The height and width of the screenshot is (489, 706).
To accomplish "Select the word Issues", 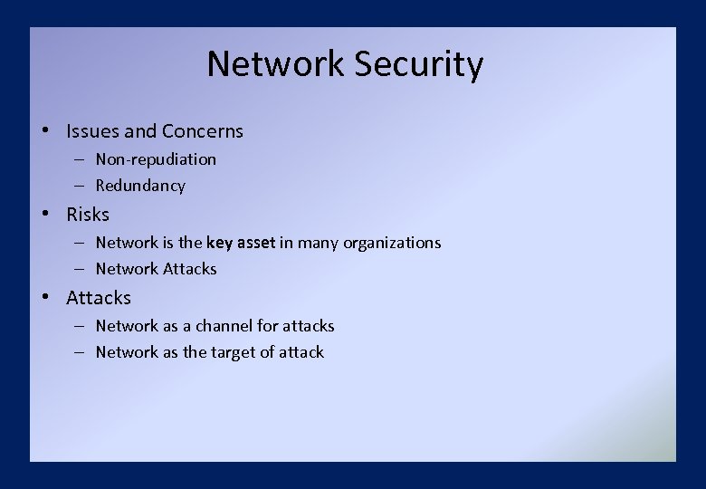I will click(x=92, y=131).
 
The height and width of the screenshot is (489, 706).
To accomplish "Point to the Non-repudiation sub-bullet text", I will click(x=156, y=159).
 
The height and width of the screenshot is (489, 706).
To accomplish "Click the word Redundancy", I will click(x=140, y=186).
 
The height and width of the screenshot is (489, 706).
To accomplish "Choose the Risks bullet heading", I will click(x=88, y=215).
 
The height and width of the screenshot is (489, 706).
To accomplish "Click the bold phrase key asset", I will click(x=241, y=243).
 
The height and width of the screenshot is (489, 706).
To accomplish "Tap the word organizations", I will click(x=392, y=243).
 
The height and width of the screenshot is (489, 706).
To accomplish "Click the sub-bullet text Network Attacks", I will click(x=156, y=269).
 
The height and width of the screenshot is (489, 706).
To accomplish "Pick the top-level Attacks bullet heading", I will click(x=99, y=298).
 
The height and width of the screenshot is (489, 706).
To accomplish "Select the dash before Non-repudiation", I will click(x=80, y=159).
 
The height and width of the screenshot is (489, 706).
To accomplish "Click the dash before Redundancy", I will click(x=80, y=186).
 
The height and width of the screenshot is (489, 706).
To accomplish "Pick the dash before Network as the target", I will click(x=80, y=352).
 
